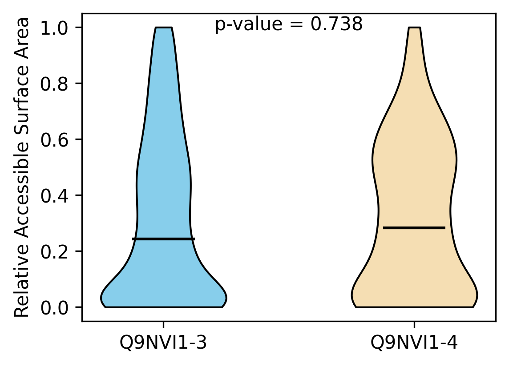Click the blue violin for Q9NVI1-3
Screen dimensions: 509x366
pyautogui.click(x=164, y=195)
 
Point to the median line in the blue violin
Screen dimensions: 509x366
pyautogui.click(x=164, y=239)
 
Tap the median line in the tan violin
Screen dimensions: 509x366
pyautogui.click(x=414, y=228)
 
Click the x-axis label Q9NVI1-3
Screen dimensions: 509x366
pyautogui.click(x=163, y=342)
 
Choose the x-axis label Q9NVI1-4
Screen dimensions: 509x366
pyautogui.click(x=414, y=342)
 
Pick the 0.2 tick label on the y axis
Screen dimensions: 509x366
pyautogui.click(x=54, y=251)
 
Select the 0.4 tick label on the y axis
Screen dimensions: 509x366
pyautogui.click(x=54, y=196)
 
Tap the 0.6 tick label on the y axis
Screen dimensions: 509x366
pyautogui.click(x=54, y=140)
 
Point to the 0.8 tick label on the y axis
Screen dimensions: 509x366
pyautogui.click(x=54, y=84)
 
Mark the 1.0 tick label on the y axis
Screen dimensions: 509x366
pyautogui.click(x=54, y=28)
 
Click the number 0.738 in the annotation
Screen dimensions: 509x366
pyautogui.click(x=336, y=24)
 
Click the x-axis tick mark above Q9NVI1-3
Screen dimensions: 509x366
pyautogui.click(x=163, y=325)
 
